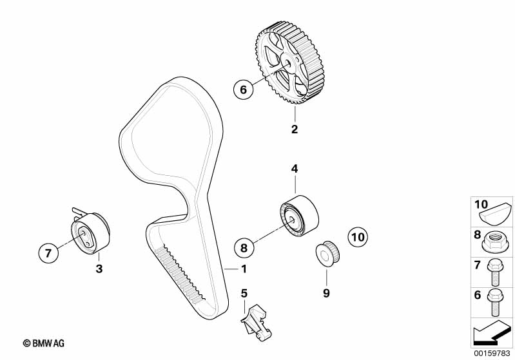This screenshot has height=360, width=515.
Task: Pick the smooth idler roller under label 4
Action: pos(300,216)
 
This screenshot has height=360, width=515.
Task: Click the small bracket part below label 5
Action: pos(256,323)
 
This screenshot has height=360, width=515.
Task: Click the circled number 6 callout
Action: pos(244,89)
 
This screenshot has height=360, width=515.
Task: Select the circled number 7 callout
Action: pos(48,253)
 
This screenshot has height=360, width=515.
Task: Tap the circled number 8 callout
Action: pos(244,247)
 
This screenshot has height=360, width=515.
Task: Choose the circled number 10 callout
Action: pos(358,236)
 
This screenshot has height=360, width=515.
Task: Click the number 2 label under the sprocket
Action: pos(295,129)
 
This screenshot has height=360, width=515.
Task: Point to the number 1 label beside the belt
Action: pos(244,269)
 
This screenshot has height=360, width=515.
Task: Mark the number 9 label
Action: pos(326,293)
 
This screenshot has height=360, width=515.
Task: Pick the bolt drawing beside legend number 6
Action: pos(495,302)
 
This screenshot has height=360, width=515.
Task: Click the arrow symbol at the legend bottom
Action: pos(492,332)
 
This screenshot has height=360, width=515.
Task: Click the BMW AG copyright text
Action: pos(44,343)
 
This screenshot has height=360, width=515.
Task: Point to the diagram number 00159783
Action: pos(492,353)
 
